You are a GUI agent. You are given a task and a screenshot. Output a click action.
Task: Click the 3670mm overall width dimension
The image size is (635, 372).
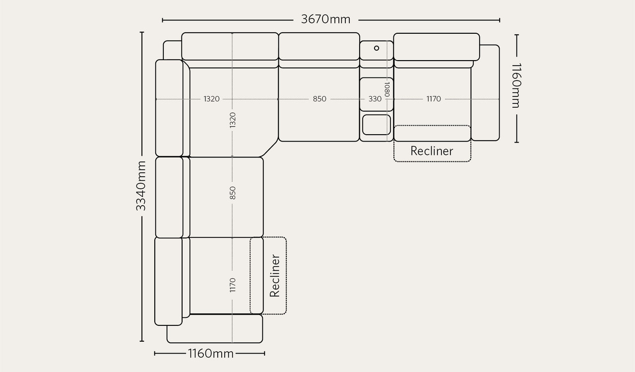click(x=325, y=19)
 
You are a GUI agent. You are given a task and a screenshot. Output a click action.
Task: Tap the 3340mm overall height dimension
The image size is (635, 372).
click(x=141, y=186)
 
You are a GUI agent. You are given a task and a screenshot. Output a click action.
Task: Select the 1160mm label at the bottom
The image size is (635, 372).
click(x=211, y=354)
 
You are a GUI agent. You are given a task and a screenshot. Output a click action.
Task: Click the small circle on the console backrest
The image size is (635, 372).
click(x=377, y=48)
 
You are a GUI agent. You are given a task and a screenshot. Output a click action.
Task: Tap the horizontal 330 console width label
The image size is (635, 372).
click(x=375, y=99)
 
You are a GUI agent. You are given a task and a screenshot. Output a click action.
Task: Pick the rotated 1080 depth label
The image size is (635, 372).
click(x=387, y=89)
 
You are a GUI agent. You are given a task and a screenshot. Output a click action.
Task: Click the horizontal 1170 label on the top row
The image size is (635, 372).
click(x=434, y=99)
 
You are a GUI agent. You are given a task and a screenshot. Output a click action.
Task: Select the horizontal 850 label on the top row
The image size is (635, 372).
click(x=319, y=99)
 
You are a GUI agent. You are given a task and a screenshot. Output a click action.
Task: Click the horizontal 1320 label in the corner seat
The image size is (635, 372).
click(x=211, y=99)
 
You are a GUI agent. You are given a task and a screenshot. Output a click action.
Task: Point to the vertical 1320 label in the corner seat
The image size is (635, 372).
click(x=233, y=120)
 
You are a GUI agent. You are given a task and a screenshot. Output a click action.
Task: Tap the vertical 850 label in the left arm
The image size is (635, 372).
click(x=233, y=193)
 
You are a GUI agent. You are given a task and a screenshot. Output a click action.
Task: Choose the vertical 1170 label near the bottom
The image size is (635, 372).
click(x=233, y=285)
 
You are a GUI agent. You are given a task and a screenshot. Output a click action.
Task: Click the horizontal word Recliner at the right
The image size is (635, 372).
click(x=432, y=151)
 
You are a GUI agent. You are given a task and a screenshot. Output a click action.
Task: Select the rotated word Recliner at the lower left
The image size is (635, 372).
click(x=275, y=276)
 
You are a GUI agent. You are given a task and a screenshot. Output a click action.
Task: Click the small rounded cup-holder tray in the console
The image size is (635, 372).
click(x=377, y=125)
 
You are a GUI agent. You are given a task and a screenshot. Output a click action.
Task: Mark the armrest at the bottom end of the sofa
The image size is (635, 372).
click(x=215, y=329)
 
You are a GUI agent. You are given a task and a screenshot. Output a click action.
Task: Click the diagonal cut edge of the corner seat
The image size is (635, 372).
click(x=269, y=148)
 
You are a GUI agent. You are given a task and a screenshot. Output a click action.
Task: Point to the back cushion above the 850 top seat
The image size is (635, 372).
click(x=319, y=46)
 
